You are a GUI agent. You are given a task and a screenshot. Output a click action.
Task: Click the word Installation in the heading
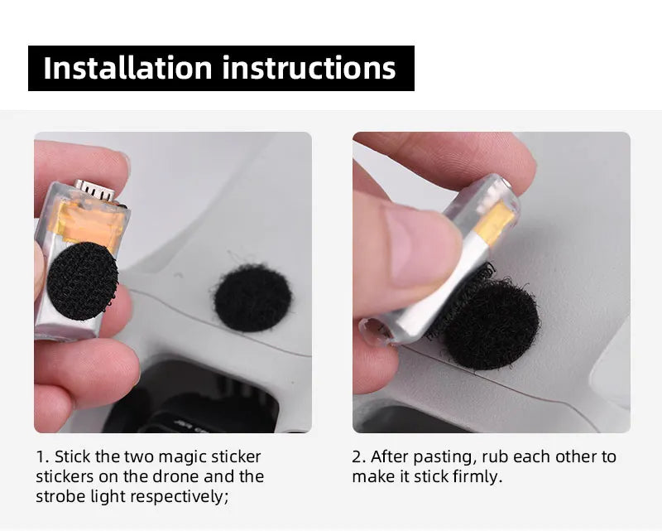128,68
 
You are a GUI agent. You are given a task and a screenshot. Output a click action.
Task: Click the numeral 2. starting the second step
358,457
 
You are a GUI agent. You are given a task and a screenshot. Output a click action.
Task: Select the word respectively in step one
183,497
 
